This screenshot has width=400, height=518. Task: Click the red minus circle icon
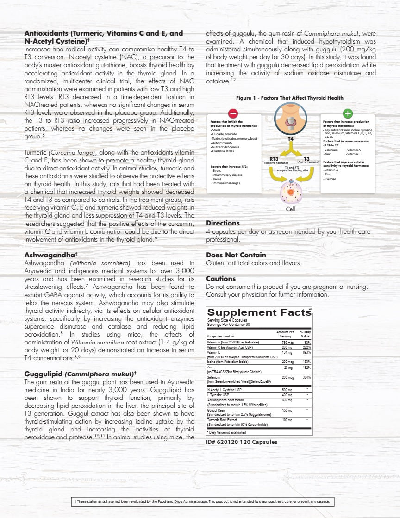point(233,114)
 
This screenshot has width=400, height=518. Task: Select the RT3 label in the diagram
point(274,159)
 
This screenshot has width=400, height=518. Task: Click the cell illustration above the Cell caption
point(291,192)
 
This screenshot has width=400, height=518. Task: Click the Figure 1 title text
point(290,98)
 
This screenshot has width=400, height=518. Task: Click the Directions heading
point(223,223)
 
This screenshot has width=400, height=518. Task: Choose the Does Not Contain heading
point(236,255)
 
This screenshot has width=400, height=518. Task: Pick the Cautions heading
point(221,279)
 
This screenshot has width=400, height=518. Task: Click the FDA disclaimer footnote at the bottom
point(200,502)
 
